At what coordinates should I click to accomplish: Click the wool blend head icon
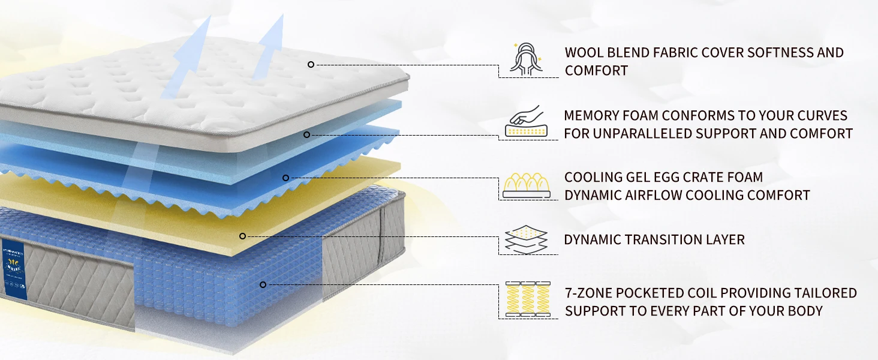tap(526, 59)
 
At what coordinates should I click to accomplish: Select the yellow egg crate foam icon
tap(527, 185)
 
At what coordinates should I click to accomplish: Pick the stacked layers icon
tap(526, 239)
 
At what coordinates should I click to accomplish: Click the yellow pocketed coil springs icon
tap(528, 299)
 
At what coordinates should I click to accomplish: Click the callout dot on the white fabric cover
tap(311, 64)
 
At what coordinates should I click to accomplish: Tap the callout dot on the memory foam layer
tap(306, 134)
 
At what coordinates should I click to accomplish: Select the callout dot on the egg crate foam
tap(285, 178)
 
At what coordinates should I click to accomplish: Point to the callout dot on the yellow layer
tap(243, 236)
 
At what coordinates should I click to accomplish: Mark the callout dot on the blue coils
tap(263, 285)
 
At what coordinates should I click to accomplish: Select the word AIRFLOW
tap(653, 195)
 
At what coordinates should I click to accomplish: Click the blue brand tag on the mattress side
tap(14, 269)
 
